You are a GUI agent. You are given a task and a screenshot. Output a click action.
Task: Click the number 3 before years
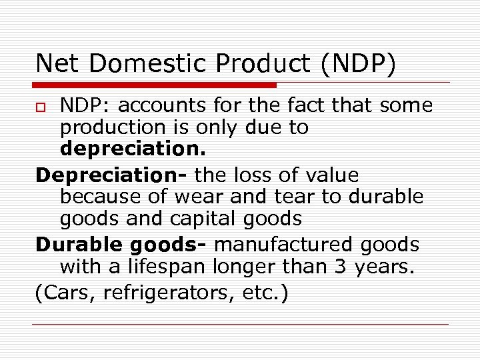click(x=353, y=267)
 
